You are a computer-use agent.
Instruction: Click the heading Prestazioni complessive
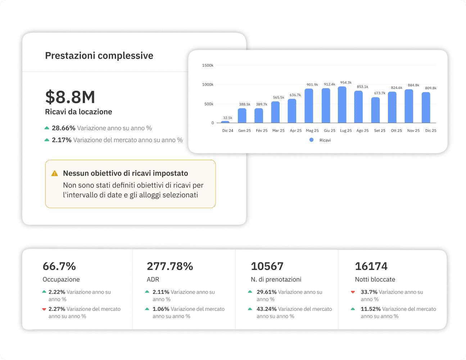[x=99, y=56]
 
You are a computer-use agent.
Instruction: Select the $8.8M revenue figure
[x=70, y=97]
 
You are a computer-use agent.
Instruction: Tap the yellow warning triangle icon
[x=55, y=174]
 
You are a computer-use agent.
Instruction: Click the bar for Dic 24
[x=225, y=122]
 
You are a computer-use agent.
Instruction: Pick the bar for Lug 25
[x=342, y=105]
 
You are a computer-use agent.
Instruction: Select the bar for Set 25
[x=376, y=111]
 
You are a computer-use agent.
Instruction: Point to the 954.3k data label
[x=346, y=83]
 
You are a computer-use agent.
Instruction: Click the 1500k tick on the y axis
[x=208, y=66]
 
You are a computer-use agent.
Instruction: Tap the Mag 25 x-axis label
[x=312, y=131]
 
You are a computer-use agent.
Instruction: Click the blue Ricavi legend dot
[x=312, y=140]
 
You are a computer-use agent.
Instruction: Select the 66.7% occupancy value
[x=59, y=266]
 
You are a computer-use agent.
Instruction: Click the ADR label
[x=153, y=279]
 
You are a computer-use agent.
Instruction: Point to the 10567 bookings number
[x=267, y=266]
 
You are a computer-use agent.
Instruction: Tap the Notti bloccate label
[x=375, y=279]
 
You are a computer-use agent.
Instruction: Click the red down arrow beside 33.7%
[x=353, y=292]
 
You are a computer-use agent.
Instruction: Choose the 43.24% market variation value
[x=266, y=309]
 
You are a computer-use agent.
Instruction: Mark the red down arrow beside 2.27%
[x=44, y=309]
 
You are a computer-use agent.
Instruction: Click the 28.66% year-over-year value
[x=63, y=128]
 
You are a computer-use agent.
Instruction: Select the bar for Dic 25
[x=426, y=108]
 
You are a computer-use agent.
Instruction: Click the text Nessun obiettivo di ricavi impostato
[x=126, y=173]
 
